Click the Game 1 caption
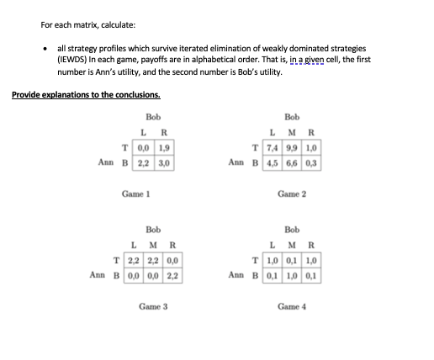tap(135, 193)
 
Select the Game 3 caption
tap(154, 307)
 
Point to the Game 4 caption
tap(291, 307)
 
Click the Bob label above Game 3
tap(154, 228)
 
